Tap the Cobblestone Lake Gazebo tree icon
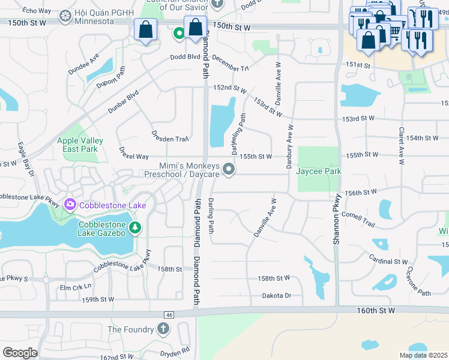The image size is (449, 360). pos(136,227)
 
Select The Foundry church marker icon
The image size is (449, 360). pos(163,328)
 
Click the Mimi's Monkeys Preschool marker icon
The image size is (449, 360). pos(228,170)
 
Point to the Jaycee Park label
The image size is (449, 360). pos(318,171)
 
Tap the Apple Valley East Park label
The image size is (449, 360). pos(80,145)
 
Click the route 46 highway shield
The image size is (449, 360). pos(169,314)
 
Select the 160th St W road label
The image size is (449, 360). pos(375,310)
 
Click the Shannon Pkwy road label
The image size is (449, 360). pos(337,218)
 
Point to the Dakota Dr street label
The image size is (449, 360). pos(276,295)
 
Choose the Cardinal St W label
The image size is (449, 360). pos(388,262)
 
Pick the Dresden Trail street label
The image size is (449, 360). pos(170,139)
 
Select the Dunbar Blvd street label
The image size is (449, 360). pos(123,101)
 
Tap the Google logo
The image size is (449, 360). pos(20,352)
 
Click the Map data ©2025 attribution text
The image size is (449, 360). pos(423,355)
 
